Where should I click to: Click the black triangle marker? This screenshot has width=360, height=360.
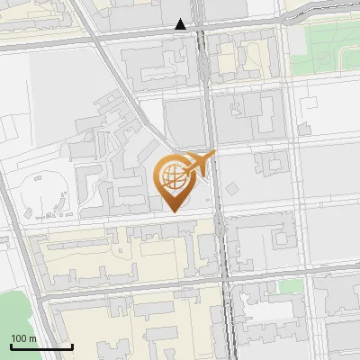[x=182, y=24]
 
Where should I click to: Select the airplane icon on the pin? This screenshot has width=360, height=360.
[x=199, y=163]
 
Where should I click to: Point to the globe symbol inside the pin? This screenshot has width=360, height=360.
[x=173, y=174]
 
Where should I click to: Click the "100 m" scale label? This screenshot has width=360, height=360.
[x=24, y=337]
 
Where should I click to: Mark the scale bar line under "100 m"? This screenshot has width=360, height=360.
[x=41, y=346]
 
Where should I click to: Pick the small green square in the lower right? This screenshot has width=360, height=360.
[x=289, y=286]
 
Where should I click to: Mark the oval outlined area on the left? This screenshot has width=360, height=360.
[x=49, y=193]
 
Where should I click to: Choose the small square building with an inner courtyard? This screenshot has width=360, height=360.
[x=270, y=163]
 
